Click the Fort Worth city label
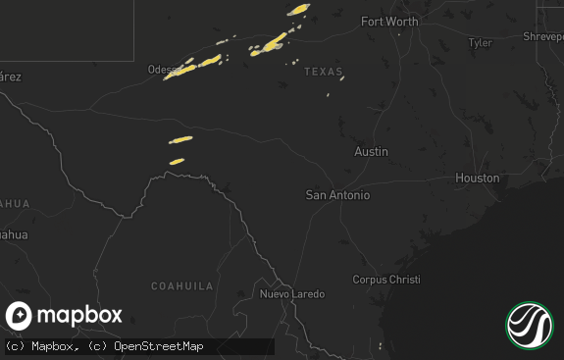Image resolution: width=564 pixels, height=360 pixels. (x=389, y=22)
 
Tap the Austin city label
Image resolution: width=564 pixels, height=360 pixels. (x=371, y=152)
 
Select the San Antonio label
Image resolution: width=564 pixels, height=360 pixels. (x=337, y=195)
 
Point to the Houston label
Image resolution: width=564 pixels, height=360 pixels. (x=477, y=179)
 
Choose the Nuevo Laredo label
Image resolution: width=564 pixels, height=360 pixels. (x=291, y=294)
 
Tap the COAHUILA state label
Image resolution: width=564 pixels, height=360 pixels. (x=181, y=285)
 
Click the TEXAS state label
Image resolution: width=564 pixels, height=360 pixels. (x=324, y=73)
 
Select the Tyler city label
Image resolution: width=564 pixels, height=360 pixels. (x=480, y=43)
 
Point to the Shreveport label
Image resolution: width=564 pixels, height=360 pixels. (x=542, y=36)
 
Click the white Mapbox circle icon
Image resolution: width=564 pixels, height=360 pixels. (x=20, y=316)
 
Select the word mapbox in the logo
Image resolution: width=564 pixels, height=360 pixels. (x=79, y=316)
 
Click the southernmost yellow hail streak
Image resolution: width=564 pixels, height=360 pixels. (x=177, y=161)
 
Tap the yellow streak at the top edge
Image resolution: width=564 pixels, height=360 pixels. (x=298, y=9)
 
